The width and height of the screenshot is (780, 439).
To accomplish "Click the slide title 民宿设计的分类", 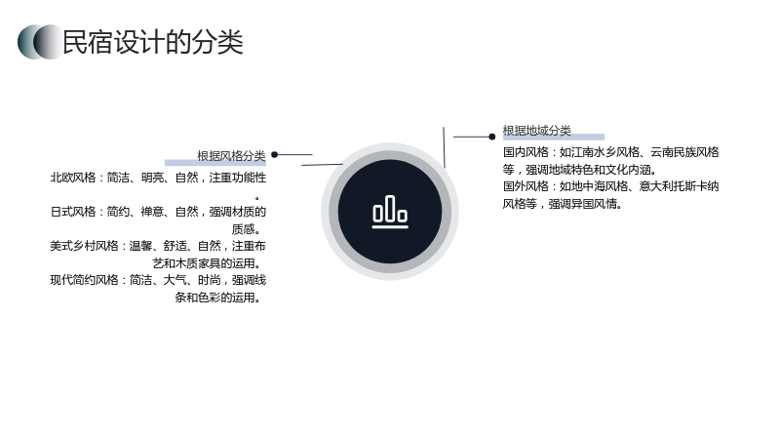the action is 153,42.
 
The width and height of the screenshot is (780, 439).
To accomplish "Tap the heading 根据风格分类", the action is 231,156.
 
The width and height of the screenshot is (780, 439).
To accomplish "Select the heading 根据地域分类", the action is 537,131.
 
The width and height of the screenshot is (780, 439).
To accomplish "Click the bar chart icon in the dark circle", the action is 390,212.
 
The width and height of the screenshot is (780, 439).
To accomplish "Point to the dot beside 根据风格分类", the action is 275,155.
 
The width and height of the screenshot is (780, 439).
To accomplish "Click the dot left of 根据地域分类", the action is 492,137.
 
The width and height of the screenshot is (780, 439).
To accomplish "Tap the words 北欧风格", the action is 72,178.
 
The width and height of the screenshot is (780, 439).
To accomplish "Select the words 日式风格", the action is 72,212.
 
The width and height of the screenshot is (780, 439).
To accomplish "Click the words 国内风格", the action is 526,152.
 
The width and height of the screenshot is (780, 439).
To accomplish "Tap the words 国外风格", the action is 526,186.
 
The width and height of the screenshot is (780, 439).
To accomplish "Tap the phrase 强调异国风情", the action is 582,204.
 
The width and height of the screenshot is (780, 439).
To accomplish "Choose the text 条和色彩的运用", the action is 214,298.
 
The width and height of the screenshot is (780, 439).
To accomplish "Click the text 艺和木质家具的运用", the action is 204,263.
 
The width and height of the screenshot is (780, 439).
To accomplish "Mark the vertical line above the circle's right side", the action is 444,147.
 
